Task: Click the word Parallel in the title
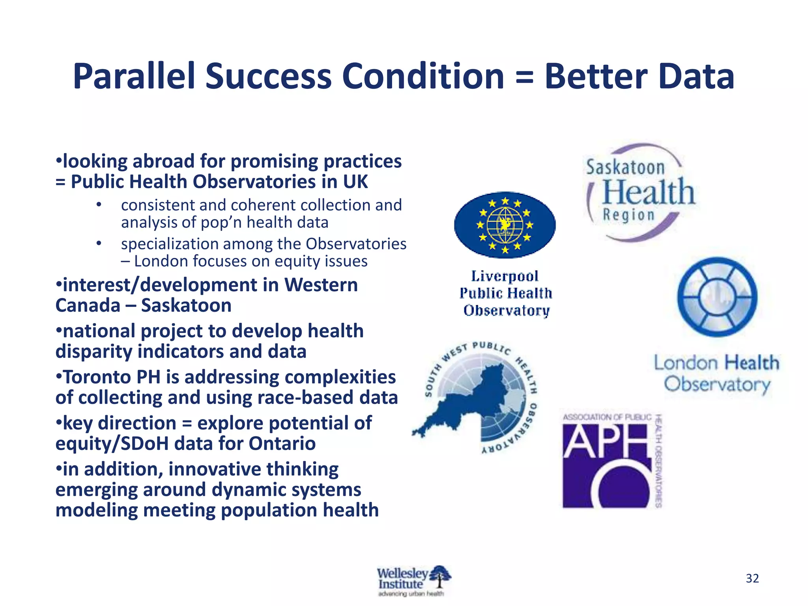pos(134,77)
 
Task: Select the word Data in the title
pos(696,77)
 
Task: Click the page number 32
pos(752,578)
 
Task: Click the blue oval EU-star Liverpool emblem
pos(505,225)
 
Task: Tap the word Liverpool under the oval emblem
pos(505,276)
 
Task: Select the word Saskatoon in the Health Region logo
pos(625,167)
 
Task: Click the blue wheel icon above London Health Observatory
pos(717,297)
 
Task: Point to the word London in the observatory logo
pos(686,363)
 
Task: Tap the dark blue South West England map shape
pos(473,402)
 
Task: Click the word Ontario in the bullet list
pos(282,443)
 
